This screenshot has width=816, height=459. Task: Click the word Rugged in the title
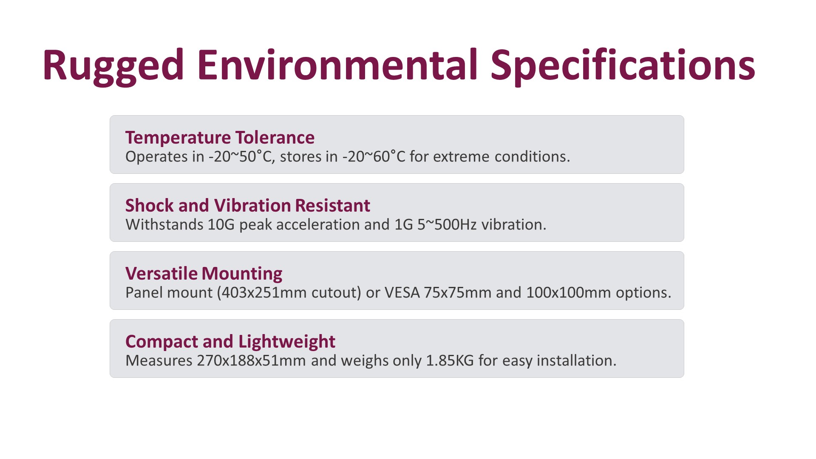(x=113, y=66)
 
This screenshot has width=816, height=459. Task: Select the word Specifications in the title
(x=623, y=66)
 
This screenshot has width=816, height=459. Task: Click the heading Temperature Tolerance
(x=220, y=138)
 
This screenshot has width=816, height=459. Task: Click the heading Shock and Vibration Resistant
(x=248, y=206)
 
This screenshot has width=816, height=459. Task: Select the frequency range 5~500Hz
(x=447, y=224)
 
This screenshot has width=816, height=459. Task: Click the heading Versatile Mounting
(x=204, y=274)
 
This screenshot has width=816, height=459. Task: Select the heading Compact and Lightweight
(x=230, y=342)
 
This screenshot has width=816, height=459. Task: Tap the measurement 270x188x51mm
(x=252, y=360)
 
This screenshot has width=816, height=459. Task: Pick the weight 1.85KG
(x=450, y=360)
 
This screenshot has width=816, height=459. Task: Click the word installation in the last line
(x=576, y=360)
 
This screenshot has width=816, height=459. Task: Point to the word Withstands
(x=164, y=224)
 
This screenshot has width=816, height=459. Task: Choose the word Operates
(x=156, y=157)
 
